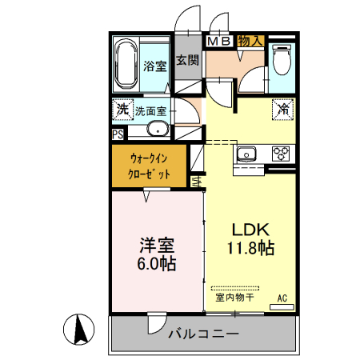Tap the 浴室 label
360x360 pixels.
click(154, 66)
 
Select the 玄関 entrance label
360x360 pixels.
click(186, 60)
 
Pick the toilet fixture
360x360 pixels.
click(282, 58)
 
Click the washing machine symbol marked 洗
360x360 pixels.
click(122, 109)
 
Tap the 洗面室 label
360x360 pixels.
click(150, 111)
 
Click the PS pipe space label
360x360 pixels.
click(118, 134)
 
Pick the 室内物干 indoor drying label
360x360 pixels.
click(234, 298)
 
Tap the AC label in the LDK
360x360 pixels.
click(282, 298)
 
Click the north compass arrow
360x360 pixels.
click(80, 328)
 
